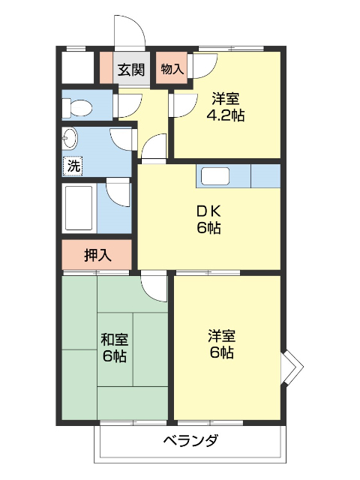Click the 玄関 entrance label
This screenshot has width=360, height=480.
coord(131,70)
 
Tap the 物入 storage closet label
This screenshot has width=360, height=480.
coord(172,69)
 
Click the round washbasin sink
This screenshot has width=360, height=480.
coord(69,138)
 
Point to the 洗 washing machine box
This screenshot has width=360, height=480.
coord(73,166)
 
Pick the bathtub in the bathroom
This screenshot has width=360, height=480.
coord(78,208)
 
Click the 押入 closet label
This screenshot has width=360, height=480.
coord(97,255)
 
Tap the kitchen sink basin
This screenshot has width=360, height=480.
coord(215,175)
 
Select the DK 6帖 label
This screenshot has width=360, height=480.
coord(208,219)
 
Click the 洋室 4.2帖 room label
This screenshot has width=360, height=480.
coord(226,107)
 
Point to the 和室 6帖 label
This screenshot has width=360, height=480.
coord(114,348)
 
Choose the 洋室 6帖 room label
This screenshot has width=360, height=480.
coord(222,343)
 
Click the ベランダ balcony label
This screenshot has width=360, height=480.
coord(190,441)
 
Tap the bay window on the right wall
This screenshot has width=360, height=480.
coord(292,367)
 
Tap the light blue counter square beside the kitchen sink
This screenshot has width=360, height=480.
coord(265,176)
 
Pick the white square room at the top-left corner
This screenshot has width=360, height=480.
coord(78,67)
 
